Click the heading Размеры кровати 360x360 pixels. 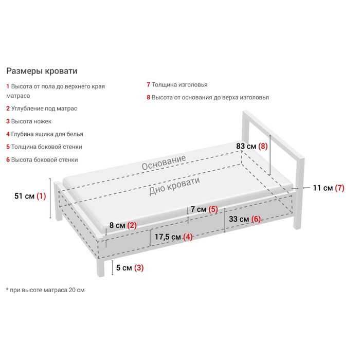click(42, 71)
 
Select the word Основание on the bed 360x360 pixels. click(164, 163)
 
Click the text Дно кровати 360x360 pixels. click(174, 186)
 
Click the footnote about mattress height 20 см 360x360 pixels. click(45, 290)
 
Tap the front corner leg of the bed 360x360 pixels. click(101, 267)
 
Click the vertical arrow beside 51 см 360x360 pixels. click(50, 198)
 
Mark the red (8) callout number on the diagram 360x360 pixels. click(263, 146)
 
